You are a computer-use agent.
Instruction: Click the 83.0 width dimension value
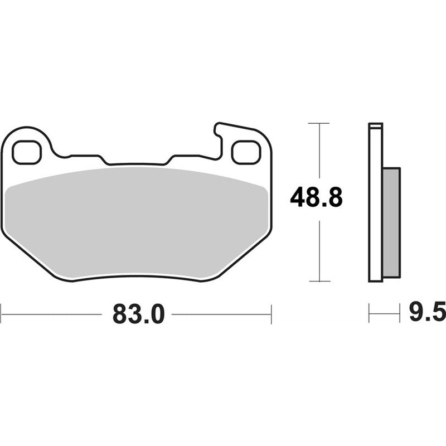138,314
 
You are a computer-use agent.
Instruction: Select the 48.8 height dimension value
316,198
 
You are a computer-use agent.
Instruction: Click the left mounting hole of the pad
27,152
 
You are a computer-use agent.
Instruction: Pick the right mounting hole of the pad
246,152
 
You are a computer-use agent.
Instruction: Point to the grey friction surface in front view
137,223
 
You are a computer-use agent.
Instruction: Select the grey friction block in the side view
391,223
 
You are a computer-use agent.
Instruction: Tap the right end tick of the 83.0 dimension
271,314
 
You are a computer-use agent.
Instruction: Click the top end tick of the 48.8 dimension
318,123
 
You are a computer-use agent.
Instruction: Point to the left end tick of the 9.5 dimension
370,314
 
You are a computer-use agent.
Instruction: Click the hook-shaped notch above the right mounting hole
219,131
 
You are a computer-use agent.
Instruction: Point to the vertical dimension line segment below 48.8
318,251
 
